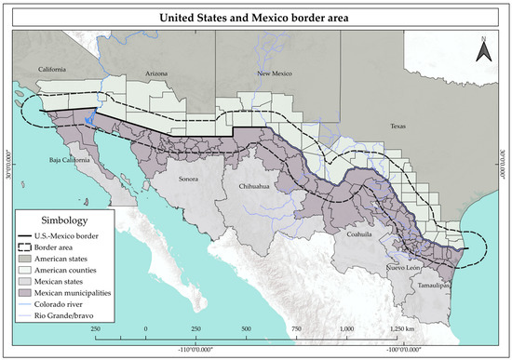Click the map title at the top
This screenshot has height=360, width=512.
(x=256, y=17)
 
